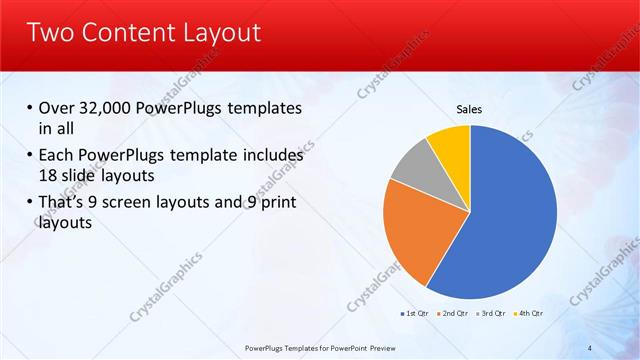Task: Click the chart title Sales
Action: click(x=470, y=108)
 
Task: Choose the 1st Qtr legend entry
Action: click(x=416, y=314)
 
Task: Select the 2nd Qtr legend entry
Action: click(x=455, y=314)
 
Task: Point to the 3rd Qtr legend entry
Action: click(x=494, y=314)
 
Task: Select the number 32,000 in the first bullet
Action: click(x=109, y=109)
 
